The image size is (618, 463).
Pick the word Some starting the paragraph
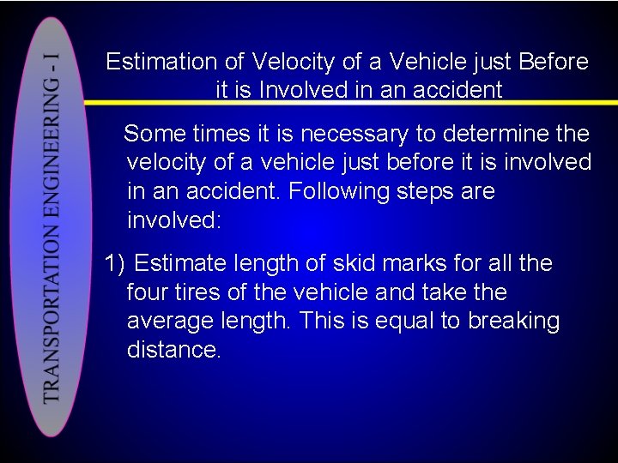pyautogui.click(x=154, y=134)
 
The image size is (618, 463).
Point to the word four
pyautogui.click(x=148, y=292)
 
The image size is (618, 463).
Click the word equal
pyautogui.click(x=402, y=322)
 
